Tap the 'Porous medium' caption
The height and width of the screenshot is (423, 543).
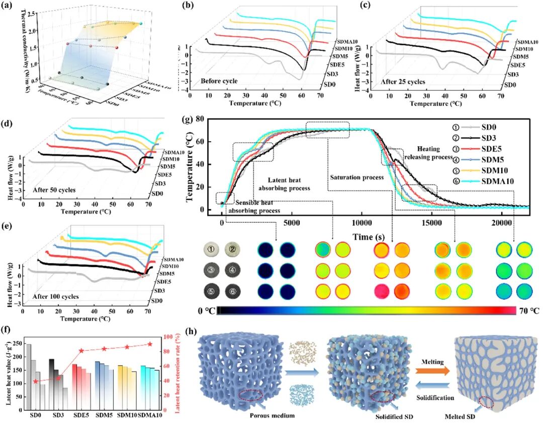(x=272, y=416)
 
